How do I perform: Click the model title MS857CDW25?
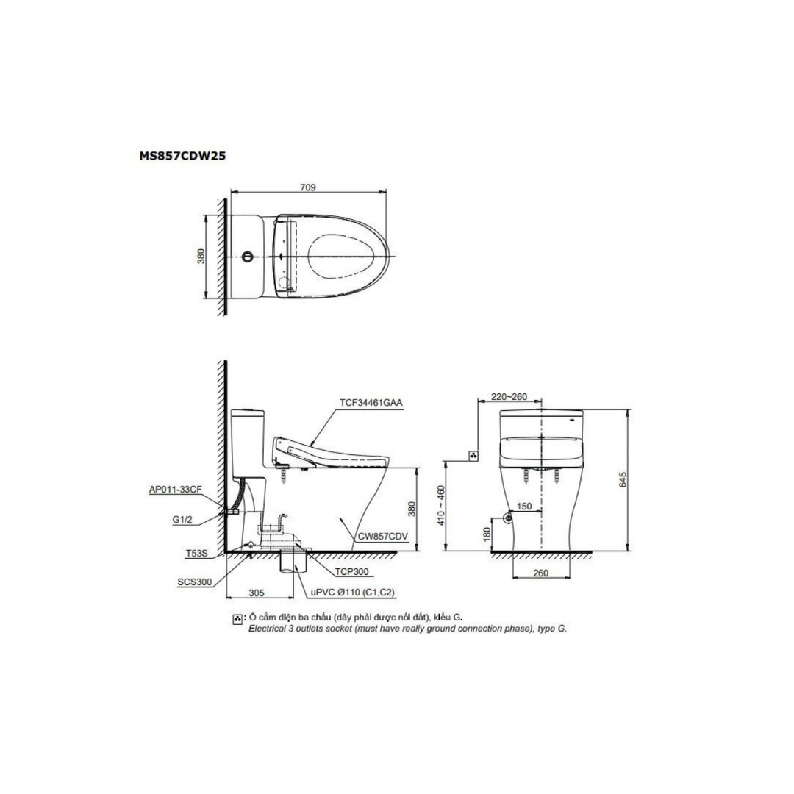[182, 156]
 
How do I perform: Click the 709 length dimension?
[308, 187]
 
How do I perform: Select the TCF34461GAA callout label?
[371, 403]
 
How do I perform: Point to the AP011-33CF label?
[175, 490]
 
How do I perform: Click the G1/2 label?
[182, 520]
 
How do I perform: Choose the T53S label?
[196, 554]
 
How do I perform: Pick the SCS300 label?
[194, 582]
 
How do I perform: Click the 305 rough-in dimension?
[257, 593]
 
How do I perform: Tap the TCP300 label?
[351, 572]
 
